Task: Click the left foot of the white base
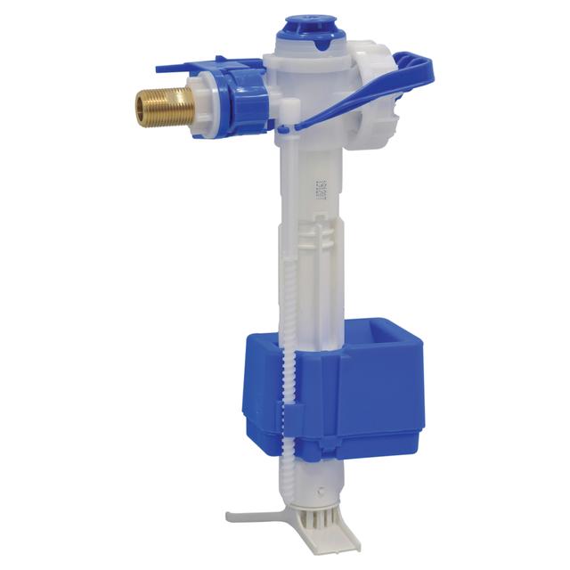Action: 245,515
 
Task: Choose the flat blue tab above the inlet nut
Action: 191,68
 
